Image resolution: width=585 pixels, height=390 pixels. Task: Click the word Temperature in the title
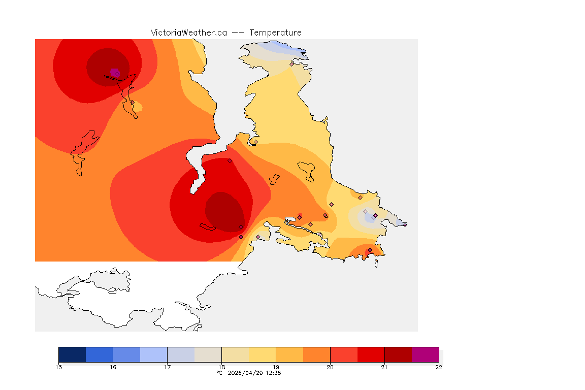pyautogui.click(x=276, y=32)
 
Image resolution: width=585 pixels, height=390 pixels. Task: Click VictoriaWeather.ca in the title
pyautogui.click(x=188, y=32)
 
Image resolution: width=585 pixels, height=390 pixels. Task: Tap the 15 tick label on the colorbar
pyautogui.click(x=59, y=367)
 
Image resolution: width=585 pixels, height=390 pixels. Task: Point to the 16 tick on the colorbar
pyautogui.click(x=113, y=367)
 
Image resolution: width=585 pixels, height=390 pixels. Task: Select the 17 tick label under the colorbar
pyautogui.click(x=168, y=367)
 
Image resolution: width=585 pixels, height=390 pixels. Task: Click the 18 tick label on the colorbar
pyautogui.click(x=222, y=367)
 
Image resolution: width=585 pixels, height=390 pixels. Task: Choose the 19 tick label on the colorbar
pyautogui.click(x=276, y=367)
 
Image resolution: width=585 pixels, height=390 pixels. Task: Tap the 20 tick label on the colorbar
pyautogui.click(x=330, y=367)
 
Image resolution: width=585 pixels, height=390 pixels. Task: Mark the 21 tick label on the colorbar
pyautogui.click(x=384, y=367)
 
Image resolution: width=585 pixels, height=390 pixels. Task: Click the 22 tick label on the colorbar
pyautogui.click(x=439, y=367)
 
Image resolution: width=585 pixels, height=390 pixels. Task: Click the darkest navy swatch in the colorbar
pyautogui.click(x=72, y=354)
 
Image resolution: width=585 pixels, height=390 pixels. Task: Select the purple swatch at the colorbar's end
pyautogui.click(x=425, y=354)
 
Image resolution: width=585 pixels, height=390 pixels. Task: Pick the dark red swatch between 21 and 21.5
pyautogui.click(x=398, y=354)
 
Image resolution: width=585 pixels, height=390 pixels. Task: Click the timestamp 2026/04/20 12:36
pyautogui.click(x=253, y=373)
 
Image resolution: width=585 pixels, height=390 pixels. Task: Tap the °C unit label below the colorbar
pyautogui.click(x=219, y=373)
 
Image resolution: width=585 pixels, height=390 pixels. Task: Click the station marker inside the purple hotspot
pyautogui.click(x=117, y=74)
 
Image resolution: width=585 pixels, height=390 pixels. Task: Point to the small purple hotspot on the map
pyautogui.click(x=114, y=72)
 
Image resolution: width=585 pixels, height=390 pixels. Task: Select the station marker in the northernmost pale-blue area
pyautogui.click(x=291, y=64)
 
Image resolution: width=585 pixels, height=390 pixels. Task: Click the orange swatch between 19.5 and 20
pyautogui.click(x=316, y=354)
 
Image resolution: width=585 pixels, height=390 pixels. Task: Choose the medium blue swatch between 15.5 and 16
pyautogui.click(x=100, y=354)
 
